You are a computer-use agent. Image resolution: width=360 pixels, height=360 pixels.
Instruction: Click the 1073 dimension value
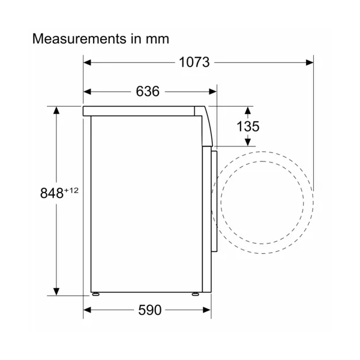pyautogui.click(x=194, y=62)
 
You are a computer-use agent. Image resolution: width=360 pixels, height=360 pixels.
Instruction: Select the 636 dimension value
pyautogui.click(x=148, y=91)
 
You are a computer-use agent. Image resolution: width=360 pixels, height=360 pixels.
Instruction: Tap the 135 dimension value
pyautogui.click(x=248, y=126)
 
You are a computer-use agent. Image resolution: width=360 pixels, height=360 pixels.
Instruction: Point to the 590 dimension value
pyautogui.click(x=149, y=310)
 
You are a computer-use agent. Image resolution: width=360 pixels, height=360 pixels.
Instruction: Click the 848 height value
pyautogui.click(x=52, y=193)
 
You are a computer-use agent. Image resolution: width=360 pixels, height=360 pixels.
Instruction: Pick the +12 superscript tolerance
pyautogui.click(x=71, y=190)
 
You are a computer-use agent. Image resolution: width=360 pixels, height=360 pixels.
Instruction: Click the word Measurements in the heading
pyautogui.click(x=79, y=38)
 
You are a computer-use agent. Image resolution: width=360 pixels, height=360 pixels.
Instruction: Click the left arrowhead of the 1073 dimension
pyautogui.click(x=87, y=62)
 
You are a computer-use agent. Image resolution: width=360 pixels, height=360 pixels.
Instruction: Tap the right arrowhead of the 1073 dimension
pyautogui.click(x=310, y=62)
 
